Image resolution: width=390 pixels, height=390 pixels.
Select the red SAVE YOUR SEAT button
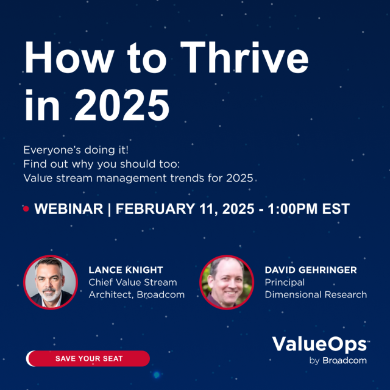[88, 358]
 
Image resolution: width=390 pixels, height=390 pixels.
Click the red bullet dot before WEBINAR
[26, 209]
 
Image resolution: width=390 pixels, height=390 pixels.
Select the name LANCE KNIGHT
[126, 270]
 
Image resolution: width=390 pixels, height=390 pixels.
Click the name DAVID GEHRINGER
[310, 270]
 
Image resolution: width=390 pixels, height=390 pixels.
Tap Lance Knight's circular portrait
[49, 282]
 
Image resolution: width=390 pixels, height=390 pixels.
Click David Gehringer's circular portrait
[226, 282]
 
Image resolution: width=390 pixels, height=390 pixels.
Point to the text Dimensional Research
[316, 295]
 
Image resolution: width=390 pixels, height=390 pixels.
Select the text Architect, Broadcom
[136, 295]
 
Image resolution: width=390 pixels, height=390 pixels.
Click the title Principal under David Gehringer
[284, 282]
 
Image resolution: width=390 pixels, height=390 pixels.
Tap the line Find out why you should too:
[97, 164]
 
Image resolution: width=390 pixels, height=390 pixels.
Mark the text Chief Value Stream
[133, 282]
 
